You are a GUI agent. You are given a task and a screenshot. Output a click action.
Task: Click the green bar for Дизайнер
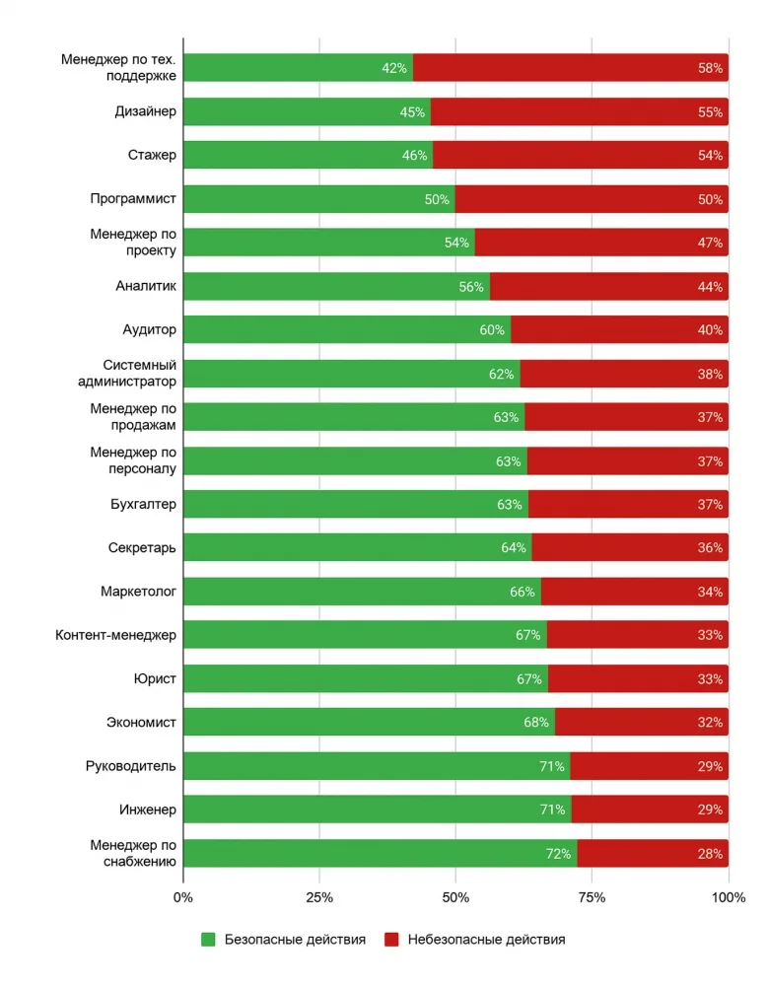tap(308, 112)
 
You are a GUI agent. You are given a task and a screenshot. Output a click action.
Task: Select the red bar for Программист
tap(592, 199)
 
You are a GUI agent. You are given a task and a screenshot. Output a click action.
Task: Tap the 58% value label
tap(710, 68)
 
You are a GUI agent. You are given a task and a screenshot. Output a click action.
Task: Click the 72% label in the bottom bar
tap(558, 853)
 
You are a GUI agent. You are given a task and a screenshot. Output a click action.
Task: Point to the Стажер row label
tap(152, 155)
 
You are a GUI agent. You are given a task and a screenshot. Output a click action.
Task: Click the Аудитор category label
tap(150, 329)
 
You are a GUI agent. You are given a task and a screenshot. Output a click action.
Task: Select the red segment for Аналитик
tap(609, 287)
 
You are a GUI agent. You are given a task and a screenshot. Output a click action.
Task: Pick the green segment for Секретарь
tap(358, 547)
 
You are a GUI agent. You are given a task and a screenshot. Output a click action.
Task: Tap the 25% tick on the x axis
tap(319, 897)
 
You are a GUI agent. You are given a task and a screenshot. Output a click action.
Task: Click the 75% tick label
tap(592, 897)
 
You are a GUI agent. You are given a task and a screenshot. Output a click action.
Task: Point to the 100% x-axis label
tap(729, 897)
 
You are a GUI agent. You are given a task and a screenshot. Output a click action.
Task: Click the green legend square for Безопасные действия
tap(208, 940)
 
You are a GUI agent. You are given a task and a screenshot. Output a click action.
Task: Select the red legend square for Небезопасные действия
tap(391, 940)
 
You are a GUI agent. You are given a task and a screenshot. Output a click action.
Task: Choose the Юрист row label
tap(155, 678)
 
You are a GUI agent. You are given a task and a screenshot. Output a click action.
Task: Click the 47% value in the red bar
tap(710, 243)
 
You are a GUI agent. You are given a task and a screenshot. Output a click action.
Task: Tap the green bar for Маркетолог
tap(362, 592)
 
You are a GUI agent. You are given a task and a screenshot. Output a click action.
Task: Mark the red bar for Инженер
tap(650, 810)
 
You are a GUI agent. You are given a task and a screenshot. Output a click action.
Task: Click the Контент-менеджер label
tap(115, 635)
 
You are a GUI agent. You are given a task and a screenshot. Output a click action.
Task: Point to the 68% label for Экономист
tap(536, 722)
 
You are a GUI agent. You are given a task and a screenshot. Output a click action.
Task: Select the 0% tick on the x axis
tap(183, 897)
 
